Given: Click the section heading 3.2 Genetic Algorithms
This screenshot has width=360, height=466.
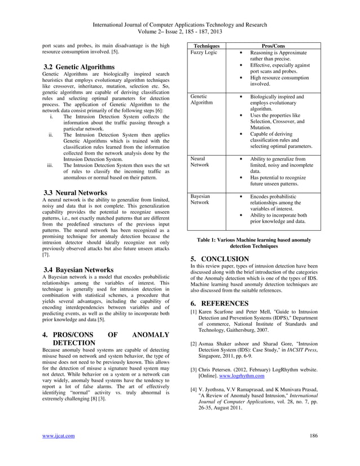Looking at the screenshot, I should pos(81,67).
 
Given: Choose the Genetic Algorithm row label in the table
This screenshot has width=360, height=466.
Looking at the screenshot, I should pos(202,100).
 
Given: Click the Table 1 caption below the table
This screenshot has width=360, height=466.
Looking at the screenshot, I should pos(253,243).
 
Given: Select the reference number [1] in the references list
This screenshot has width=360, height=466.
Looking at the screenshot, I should pos(194,311).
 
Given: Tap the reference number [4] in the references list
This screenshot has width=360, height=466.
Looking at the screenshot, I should pos(194,389).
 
